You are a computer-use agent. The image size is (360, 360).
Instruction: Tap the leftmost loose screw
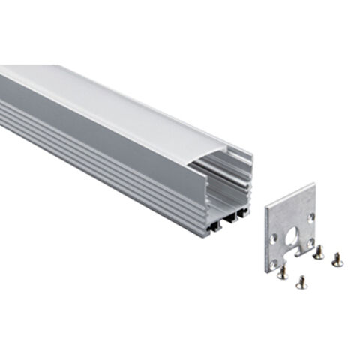tap(282, 273)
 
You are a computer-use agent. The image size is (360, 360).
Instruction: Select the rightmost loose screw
tap(336, 258)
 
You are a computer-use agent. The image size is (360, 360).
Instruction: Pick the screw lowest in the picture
tap(301, 282)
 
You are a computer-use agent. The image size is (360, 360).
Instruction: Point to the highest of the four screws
tap(318, 253)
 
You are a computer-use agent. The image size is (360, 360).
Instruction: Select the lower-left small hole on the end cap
tap(274, 262)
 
